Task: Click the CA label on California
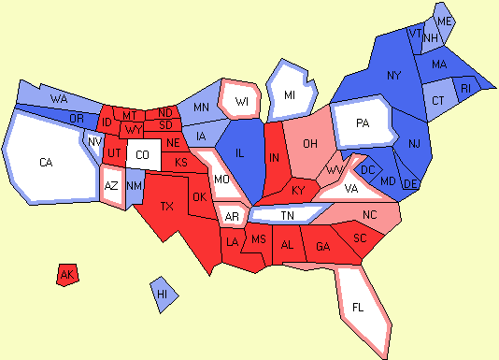pos(46,163)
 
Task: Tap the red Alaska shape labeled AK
pos(66,274)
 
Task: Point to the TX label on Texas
pos(167,206)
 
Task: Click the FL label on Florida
pos(359,306)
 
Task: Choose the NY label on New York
pos(393,75)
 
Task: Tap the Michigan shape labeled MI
pos(290,94)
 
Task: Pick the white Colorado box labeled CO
pos(141,154)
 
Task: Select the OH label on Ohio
pos(312,143)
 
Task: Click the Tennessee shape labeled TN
pos(287,216)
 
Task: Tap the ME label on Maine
pos(445,21)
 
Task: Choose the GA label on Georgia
pos(323,246)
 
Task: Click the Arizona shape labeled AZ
pos(111,185)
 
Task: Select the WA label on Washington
pos(58,98)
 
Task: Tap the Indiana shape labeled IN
pos(275,159)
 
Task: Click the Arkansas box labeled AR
pos(231,216)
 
